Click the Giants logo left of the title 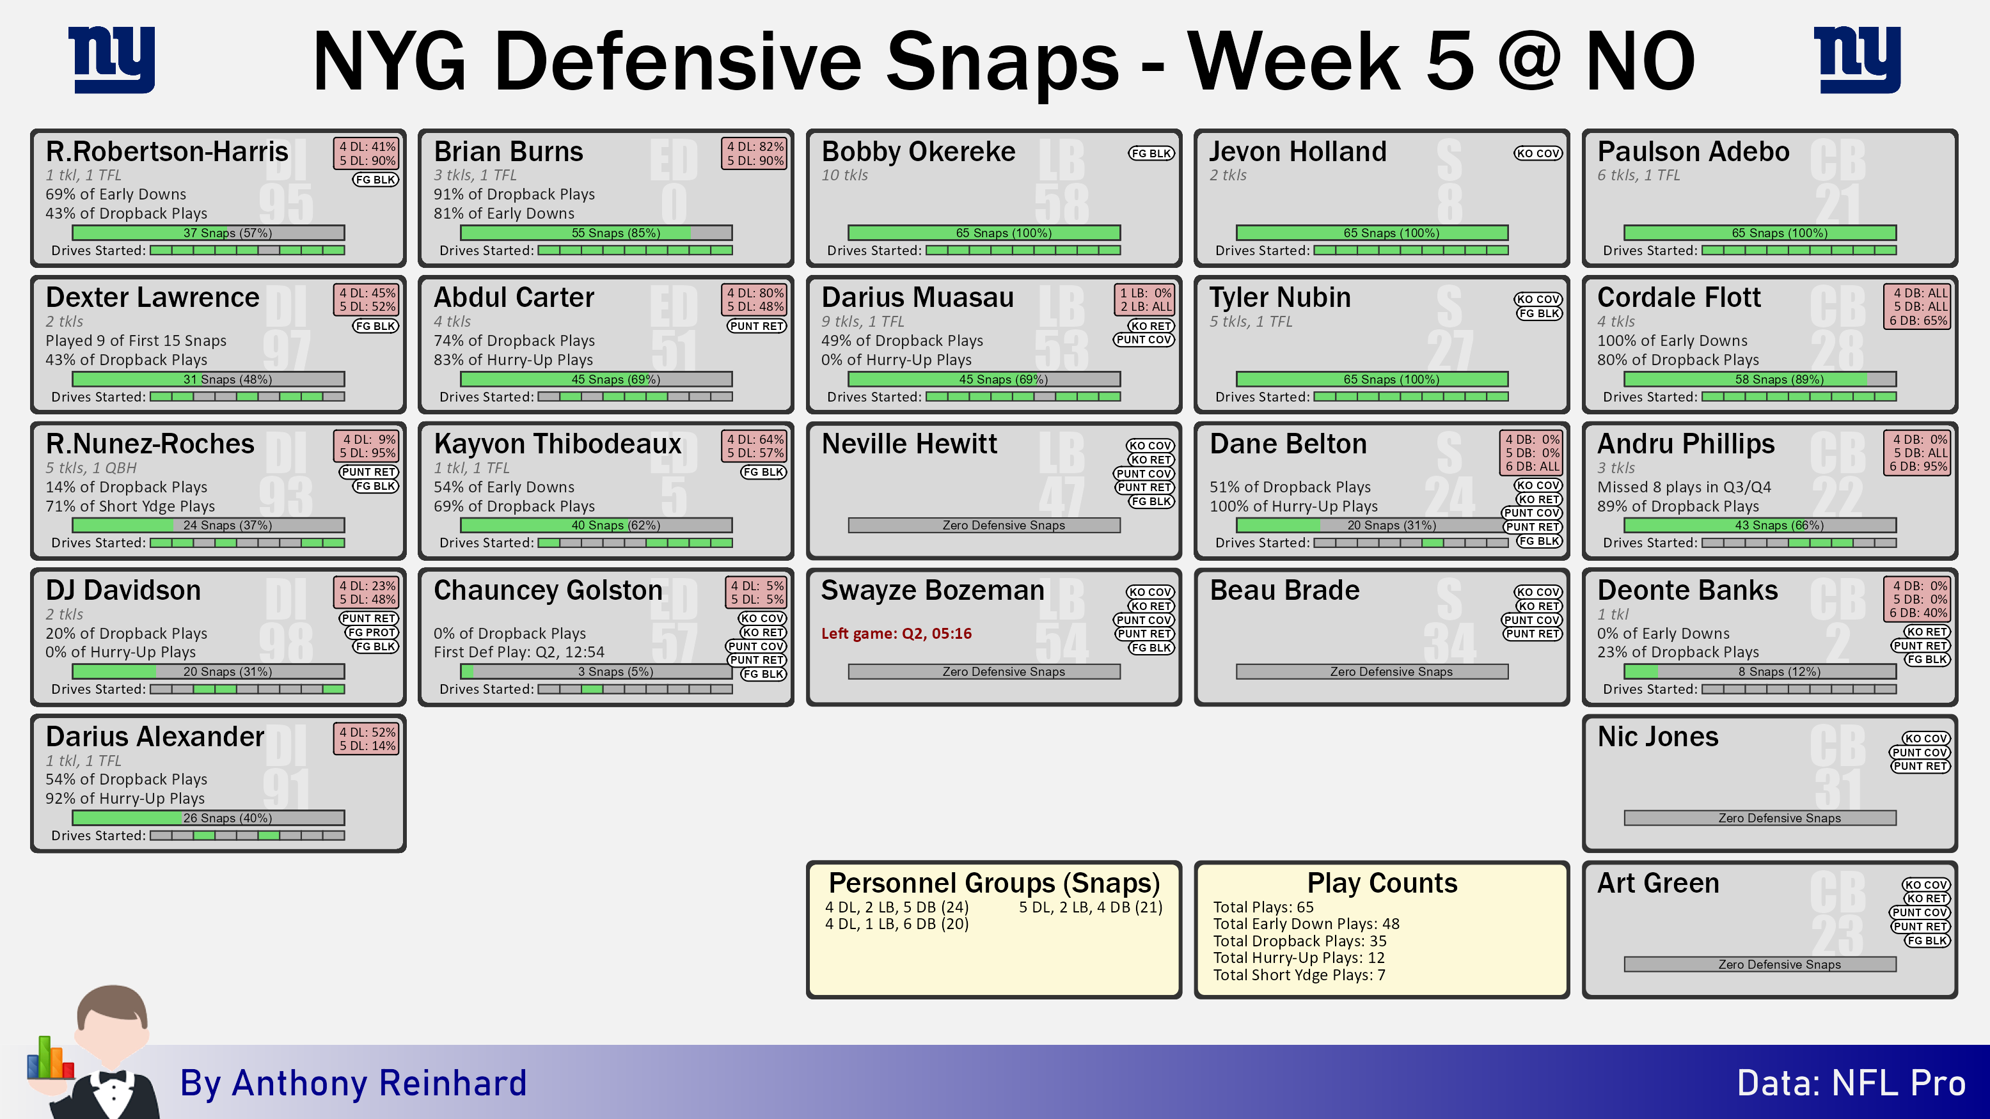coord(111,59)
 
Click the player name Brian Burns coord(509,152)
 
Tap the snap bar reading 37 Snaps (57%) coord(209,233)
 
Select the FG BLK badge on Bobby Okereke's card coord(1151,153)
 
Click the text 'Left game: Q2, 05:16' coord(896,633)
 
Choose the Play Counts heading coord(1382,882)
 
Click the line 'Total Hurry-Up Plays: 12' coord(1299,958)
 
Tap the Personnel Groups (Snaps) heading coord(994,882)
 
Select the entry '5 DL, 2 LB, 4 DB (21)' coord(1091,907)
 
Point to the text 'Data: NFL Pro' coord(1852,1083)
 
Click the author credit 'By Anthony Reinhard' coord(353,1083)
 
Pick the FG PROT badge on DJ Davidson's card coord(372,632)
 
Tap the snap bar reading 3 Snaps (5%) coord(596,672)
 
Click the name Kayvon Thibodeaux coord(558,444)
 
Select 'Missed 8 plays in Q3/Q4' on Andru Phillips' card coord(1684,487)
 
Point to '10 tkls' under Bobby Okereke coord(844,175)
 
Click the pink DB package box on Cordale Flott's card coord(1919,306)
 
